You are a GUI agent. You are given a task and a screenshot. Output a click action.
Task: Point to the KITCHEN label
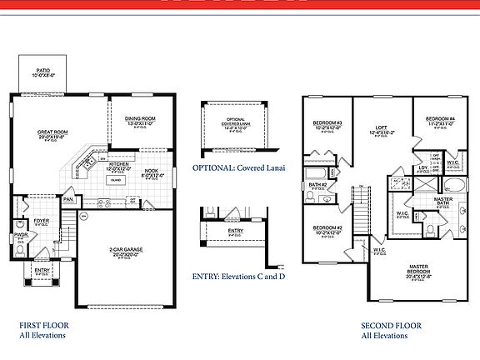120,165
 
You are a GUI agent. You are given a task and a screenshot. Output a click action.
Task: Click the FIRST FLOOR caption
43,325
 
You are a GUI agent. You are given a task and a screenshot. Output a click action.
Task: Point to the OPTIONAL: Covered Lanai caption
236,167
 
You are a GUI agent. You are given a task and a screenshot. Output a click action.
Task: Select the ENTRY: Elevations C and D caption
238,275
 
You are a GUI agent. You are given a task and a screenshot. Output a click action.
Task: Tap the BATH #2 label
317,184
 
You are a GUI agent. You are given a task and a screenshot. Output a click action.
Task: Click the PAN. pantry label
69,200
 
